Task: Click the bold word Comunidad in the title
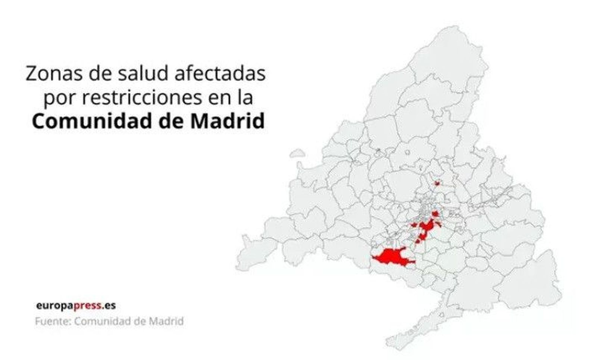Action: pyautogui.click(x=91, y=122)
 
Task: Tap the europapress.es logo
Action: pyautogui.click(x=76, y=306)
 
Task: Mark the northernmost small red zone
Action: pyautogui.click(x=437, y=183)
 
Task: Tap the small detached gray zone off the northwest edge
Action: pyautogui.click(x=297, y=153)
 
